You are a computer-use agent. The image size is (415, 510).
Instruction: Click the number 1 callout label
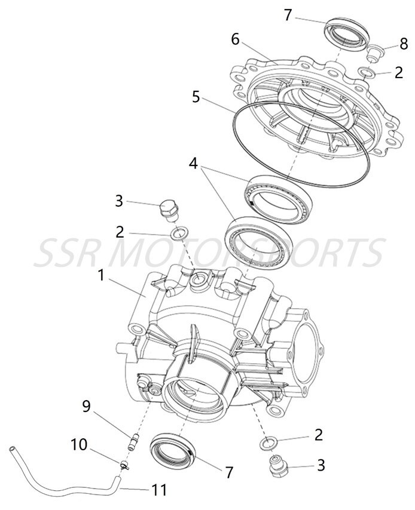click(102, 275)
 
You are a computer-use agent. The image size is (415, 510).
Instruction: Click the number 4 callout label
click(193, 162)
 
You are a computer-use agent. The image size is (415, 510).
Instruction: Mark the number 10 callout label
click(79, 445)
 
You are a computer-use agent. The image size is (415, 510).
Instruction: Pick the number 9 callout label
click(87, 407)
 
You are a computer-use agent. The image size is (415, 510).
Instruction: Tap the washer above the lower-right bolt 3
click(268, 443)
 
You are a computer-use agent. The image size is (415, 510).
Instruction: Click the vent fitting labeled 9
click(134, 442)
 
